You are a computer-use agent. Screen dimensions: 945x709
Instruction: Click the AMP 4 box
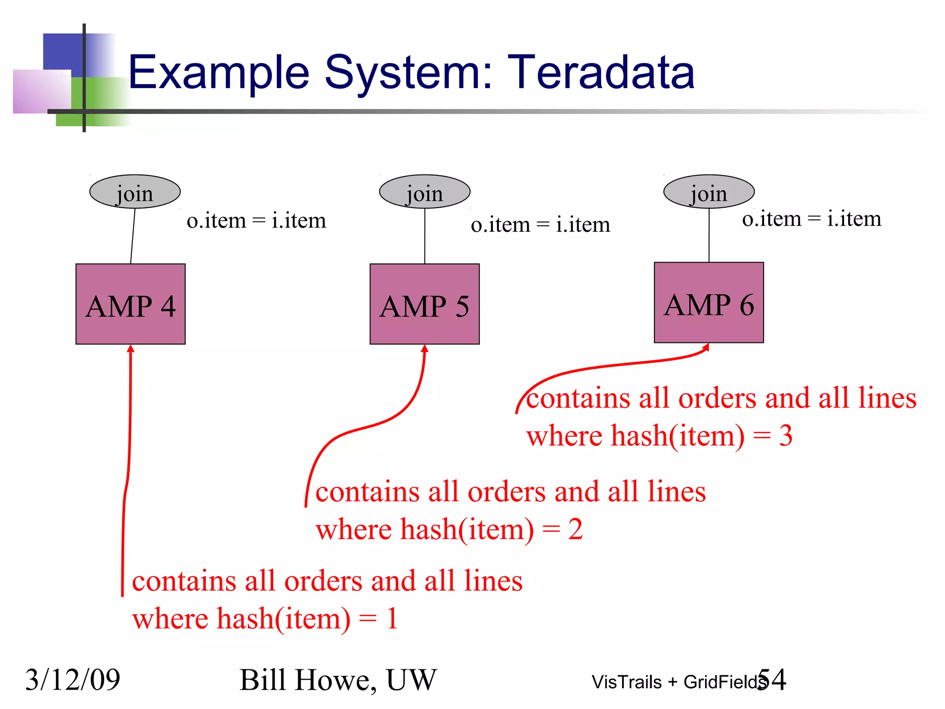pos(131,304)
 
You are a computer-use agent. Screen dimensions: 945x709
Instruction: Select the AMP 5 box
pos(425,304)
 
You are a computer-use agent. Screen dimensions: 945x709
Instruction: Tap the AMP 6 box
pos(709,303)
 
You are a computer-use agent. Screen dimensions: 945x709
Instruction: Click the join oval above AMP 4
pos(135,192)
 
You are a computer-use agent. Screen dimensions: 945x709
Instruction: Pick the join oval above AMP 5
pos(425,192)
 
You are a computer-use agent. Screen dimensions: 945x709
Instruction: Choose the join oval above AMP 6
pos(709,192)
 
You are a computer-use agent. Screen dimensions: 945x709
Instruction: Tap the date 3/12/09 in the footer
pos(72,679)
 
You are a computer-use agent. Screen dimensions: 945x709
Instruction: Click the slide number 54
pos(772,679)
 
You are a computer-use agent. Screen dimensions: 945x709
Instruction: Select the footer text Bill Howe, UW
pos(338,680)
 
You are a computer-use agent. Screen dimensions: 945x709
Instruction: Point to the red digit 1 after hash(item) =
pos(392,619)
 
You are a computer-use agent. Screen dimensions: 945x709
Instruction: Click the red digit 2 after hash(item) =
pos(575,529)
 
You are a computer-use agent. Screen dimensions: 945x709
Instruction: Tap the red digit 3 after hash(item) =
pos(786,435)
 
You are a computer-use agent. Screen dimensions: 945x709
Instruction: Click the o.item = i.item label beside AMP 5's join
pos(540,225)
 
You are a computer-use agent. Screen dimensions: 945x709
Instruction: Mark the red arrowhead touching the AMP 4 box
pos(131,348)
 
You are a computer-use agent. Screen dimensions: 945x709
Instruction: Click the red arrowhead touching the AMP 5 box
pos(425,348)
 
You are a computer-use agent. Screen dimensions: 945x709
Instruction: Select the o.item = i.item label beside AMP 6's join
pos(812,219)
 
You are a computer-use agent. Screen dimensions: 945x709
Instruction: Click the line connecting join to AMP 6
pos(709,235)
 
